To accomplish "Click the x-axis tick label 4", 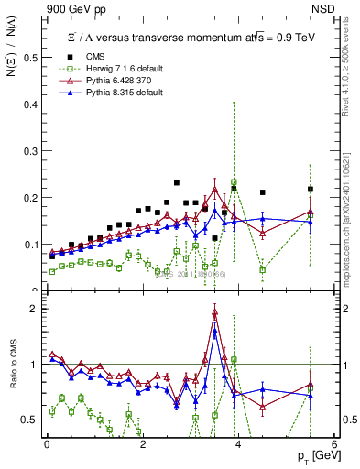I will (238, 444).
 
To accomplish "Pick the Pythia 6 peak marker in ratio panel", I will (214, 312).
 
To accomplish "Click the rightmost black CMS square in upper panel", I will (311, 190).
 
